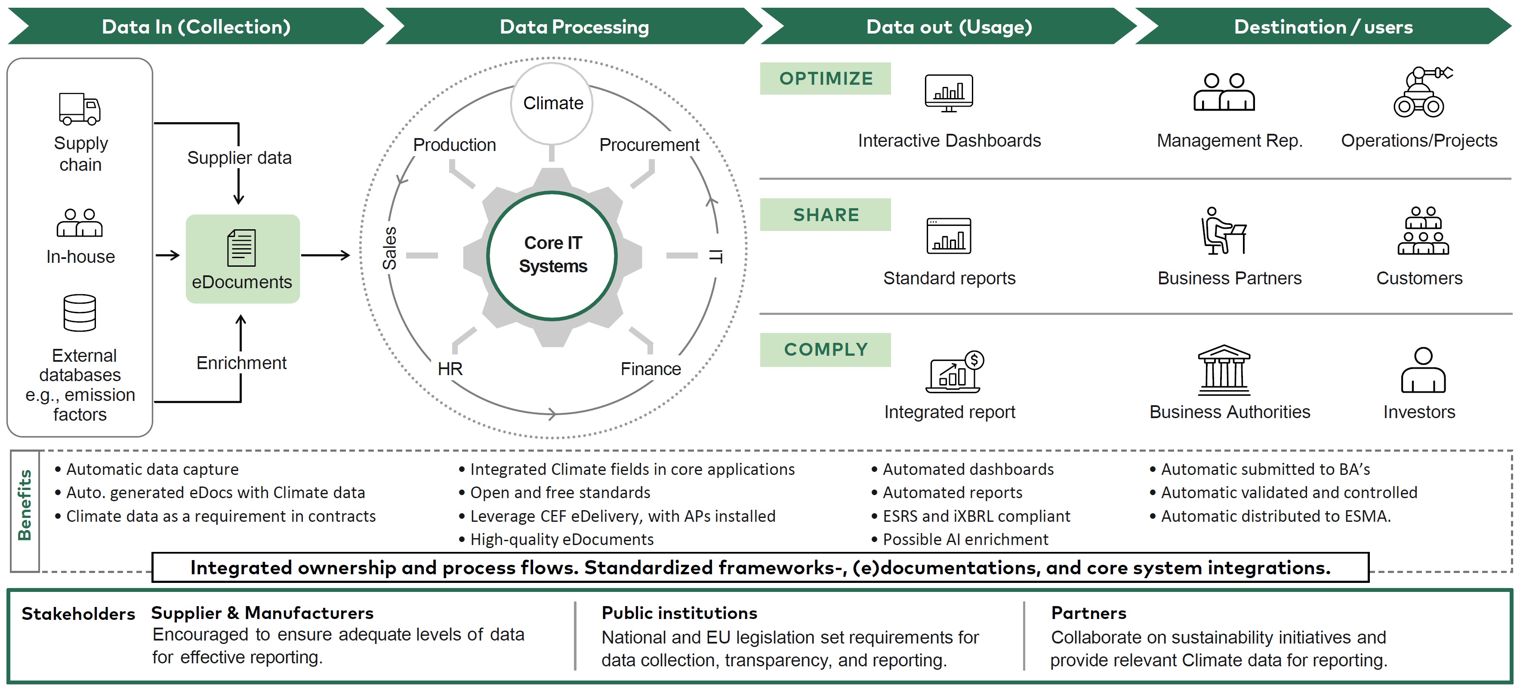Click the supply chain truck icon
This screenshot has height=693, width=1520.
80,109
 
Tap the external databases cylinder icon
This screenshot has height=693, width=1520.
80,313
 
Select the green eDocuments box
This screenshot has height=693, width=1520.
243,259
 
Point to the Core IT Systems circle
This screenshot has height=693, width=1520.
552,256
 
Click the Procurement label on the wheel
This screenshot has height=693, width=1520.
649,145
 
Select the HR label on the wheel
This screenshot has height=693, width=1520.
450,369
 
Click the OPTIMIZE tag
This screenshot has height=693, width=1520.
826,78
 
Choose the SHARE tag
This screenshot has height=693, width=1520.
826,215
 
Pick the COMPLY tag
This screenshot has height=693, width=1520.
826,350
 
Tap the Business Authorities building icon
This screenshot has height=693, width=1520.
1224,370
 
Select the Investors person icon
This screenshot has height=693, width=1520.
1423,370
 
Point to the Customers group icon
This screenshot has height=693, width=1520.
1423,231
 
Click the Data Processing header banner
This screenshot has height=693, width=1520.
573,27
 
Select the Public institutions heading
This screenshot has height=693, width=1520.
679,613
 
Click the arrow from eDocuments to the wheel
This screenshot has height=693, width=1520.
326,256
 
